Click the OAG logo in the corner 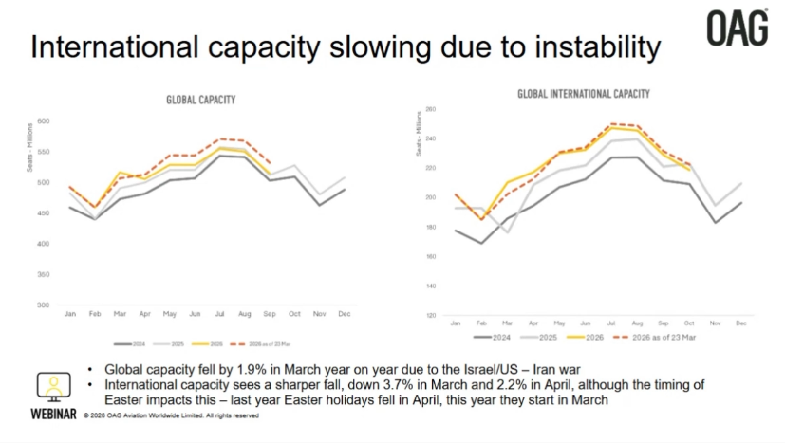pos(737,28)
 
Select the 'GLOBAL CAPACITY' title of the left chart pos(200,100)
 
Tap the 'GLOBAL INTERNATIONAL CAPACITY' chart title pos(583,94)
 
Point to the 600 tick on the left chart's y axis pos(44,121)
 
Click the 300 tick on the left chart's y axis pos(44,305)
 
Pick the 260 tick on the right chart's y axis pos(429,109)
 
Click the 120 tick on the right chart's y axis pos(429,315)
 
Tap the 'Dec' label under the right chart pos(740,323)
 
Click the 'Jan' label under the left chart pos(69,313)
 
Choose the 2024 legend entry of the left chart pos(132,344)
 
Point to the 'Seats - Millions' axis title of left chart pos(30,156)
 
